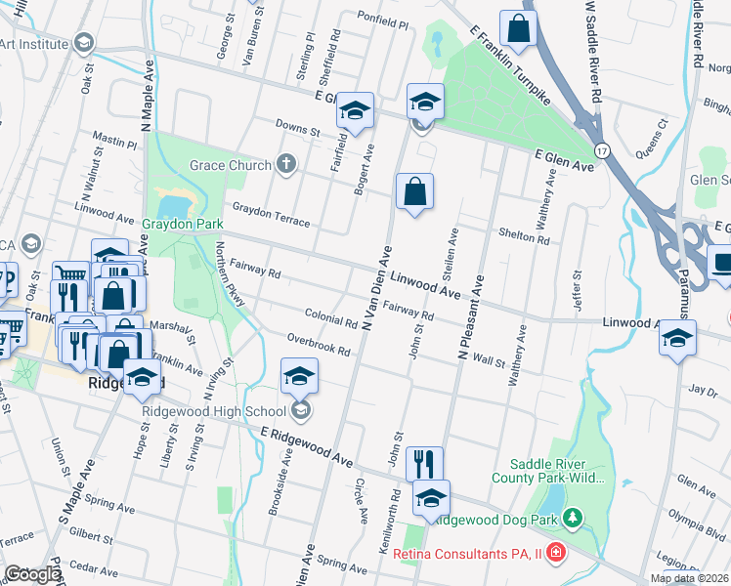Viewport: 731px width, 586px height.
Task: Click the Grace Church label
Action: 230,165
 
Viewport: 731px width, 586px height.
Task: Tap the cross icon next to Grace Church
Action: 286,164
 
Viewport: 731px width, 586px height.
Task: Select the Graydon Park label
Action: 184,224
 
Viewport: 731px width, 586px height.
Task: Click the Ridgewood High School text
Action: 215,411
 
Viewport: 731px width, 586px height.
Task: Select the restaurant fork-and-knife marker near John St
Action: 424,462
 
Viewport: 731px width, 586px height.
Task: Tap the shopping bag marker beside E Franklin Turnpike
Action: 518,30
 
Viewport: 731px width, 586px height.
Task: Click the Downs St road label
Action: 297,129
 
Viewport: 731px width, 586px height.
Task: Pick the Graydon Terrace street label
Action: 271,215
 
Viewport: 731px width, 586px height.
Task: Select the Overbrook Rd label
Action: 319,346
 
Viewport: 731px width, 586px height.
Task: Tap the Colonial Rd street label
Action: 330,320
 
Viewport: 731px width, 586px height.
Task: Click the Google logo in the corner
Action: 32,574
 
